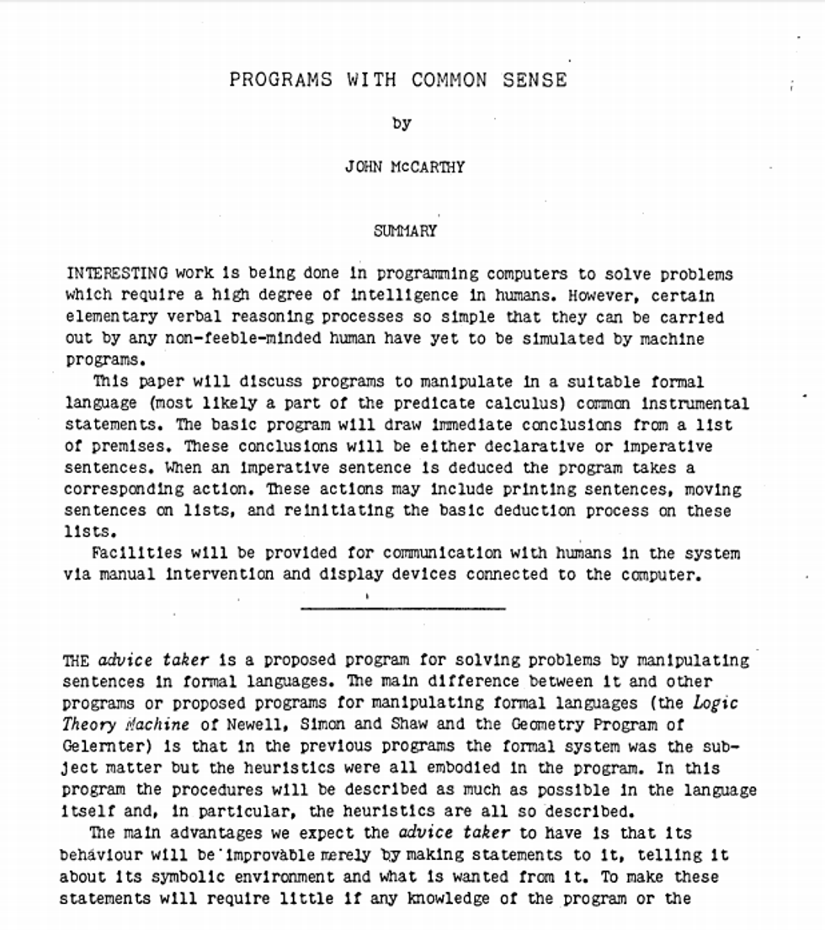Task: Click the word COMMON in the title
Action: pos(449,80)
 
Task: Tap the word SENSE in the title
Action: pos(535,80)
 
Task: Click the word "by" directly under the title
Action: pos(402,123)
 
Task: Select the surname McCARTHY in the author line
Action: pos(428,167)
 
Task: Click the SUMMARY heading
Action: pos(406,231)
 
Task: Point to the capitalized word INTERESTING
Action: pos(117,274)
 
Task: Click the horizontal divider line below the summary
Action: pos(402,608)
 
